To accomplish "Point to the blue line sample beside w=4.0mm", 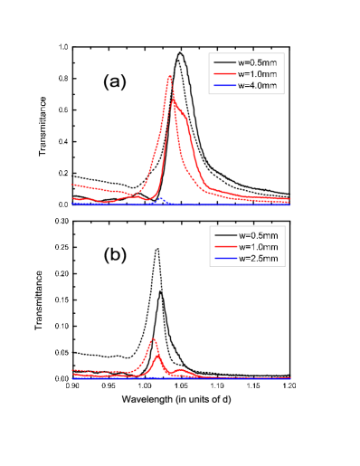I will coord(224,85).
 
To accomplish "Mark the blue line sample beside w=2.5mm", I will coord(224,259).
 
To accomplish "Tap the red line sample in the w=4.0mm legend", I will coord(224,73).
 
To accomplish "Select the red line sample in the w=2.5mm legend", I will coord(224,247).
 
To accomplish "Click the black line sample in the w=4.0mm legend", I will coord(224,62).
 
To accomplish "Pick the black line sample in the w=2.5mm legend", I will coord(224,235).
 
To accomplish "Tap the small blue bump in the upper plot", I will coord(161,198).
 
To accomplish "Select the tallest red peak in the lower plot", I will coord(153,339).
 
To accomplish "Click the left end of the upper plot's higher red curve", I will coord(72,184).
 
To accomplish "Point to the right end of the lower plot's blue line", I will coord(289,378).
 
